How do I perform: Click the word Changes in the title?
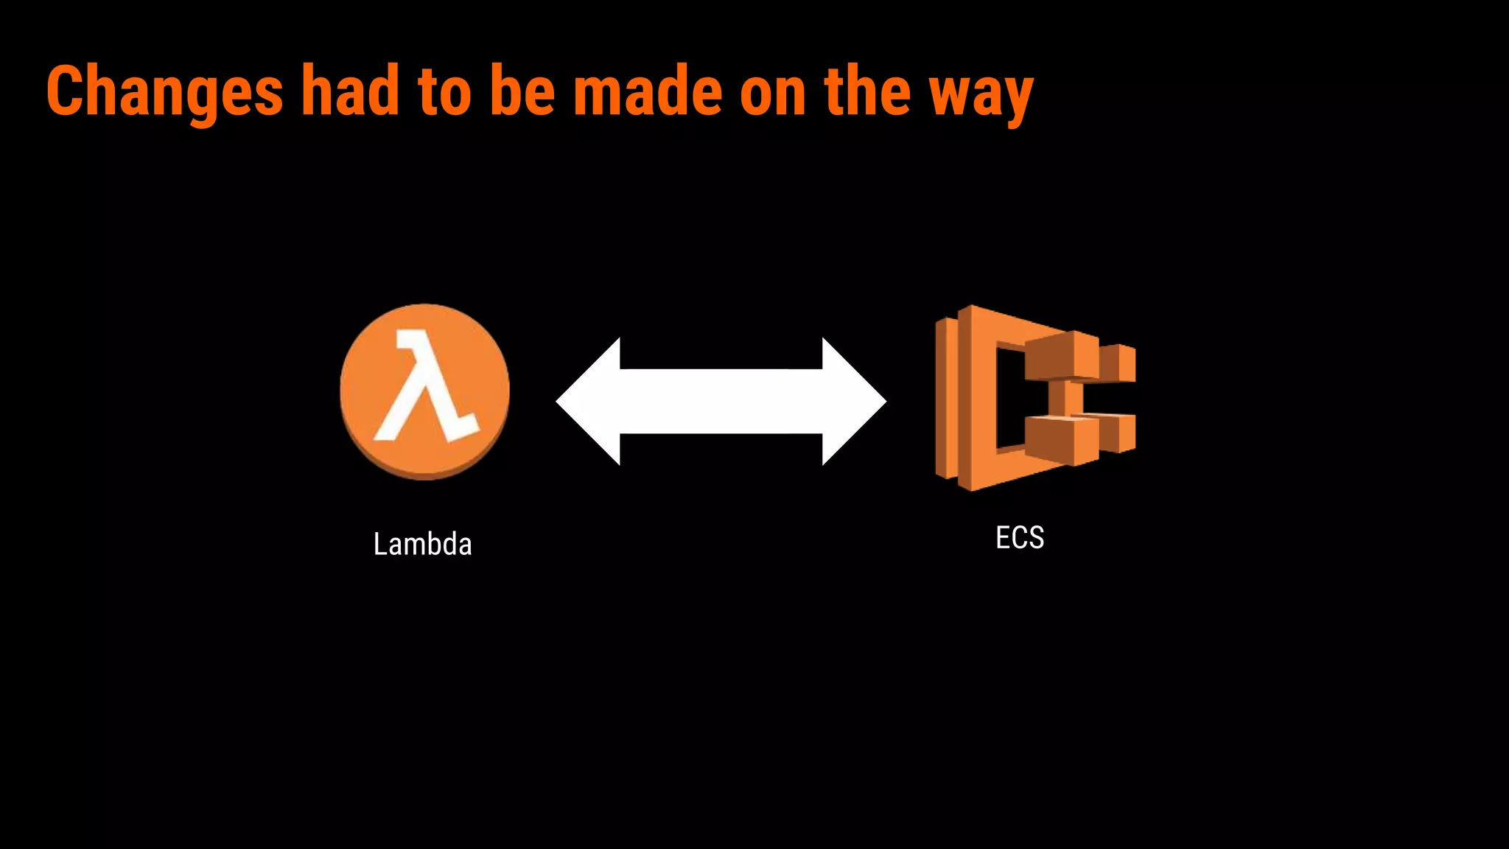click(164, 91)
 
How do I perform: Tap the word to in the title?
click(444, 91)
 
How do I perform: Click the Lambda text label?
click(422, 545)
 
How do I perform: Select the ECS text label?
click(1020, 538)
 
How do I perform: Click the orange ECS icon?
click(973, 398)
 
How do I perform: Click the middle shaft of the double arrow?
click(721, 402)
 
